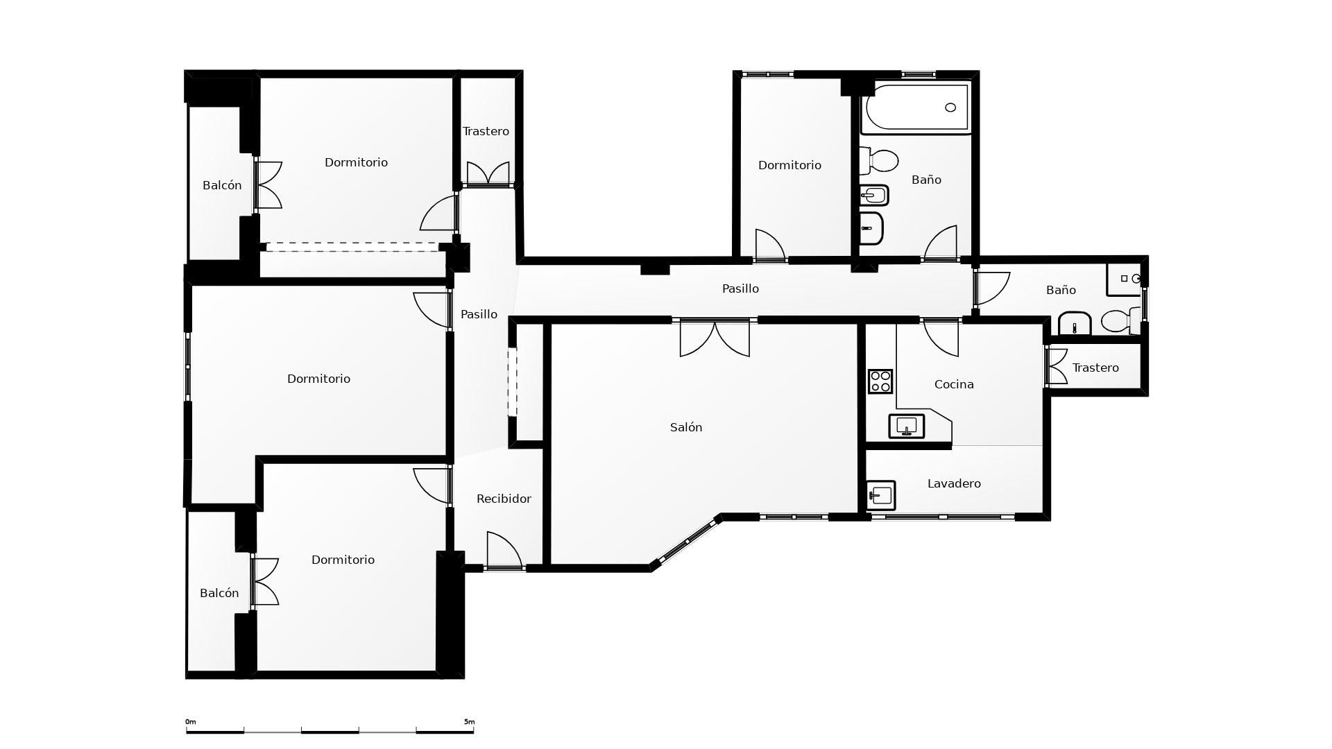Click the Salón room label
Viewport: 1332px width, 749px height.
(x=685, y=427)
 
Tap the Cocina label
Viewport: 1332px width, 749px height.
(x=953, y=384)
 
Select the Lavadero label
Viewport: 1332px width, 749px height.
(x=953, y=483)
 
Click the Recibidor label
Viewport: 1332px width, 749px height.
(x=504, y=499)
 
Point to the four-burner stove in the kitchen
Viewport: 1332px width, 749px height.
(x=880, y=381)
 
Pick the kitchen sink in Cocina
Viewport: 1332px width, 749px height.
(x=907, y=426)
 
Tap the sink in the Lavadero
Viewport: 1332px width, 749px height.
(x=881, y=495)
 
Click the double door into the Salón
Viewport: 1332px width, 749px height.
(x=715, y=338)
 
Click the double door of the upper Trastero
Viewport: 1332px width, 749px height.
(x=488, y=173)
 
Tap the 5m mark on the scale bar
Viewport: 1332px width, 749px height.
(x=470, y=722)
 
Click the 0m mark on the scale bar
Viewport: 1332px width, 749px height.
(x=190, y=722)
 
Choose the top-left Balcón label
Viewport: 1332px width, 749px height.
(x=222, y=185)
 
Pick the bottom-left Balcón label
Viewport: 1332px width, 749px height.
(x=219, y=593)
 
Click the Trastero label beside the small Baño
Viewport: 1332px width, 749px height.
(x=1095, y=368)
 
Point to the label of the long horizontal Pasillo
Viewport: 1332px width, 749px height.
(x=740, y=289)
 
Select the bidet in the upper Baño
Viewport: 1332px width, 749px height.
(x=874, y=196)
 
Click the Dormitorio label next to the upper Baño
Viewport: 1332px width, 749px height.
(x=789, y=165)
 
